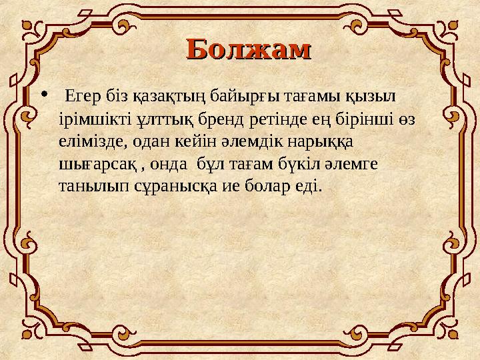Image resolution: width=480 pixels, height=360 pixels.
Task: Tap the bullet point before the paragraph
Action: tap(45, 94)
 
